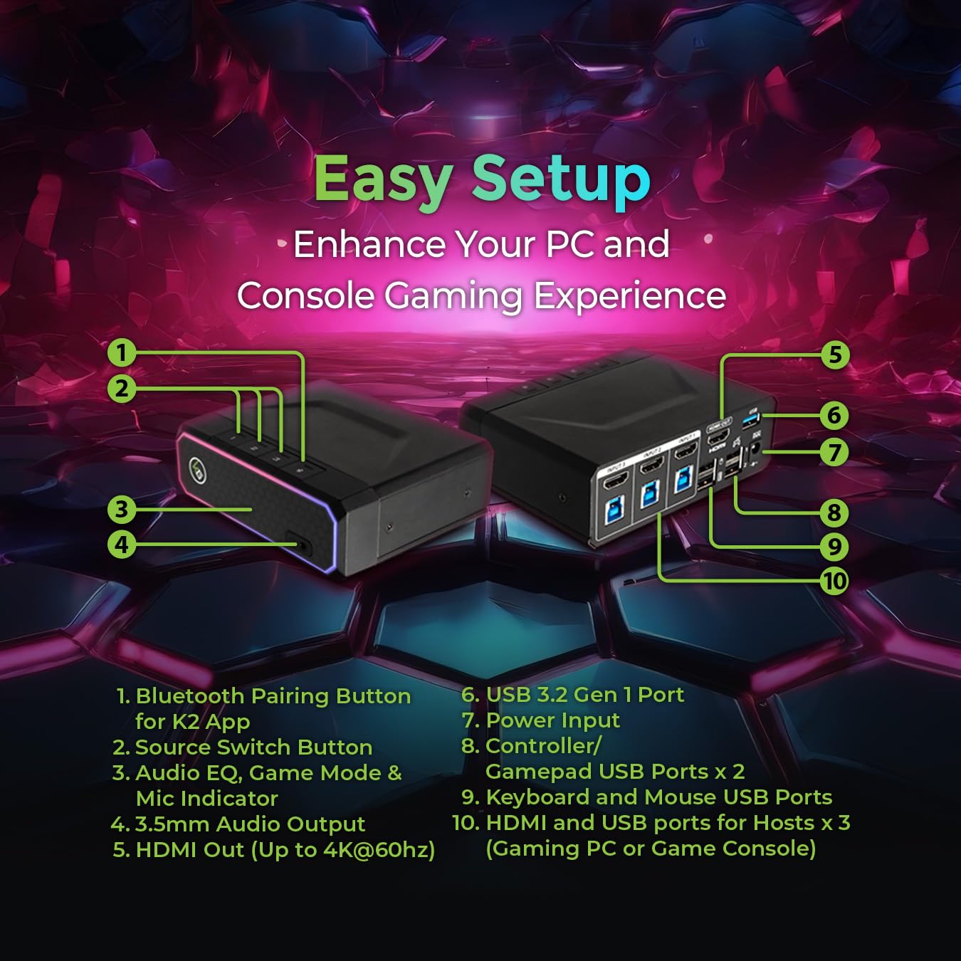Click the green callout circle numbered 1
[x=122, y=352]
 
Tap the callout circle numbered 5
[x=835, y=355]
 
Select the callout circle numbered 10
[x=834, y=581]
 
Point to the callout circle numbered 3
[x=122, y=509]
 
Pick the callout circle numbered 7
[x=834, y=452]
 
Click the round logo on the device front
[x=198, y=469]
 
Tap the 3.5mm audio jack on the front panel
[x=303, y=546]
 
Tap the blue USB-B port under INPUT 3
[x=614, y=511]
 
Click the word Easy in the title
[x=383, y=179]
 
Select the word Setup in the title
[x=561, y=179]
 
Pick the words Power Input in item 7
[x=552, y=720]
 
